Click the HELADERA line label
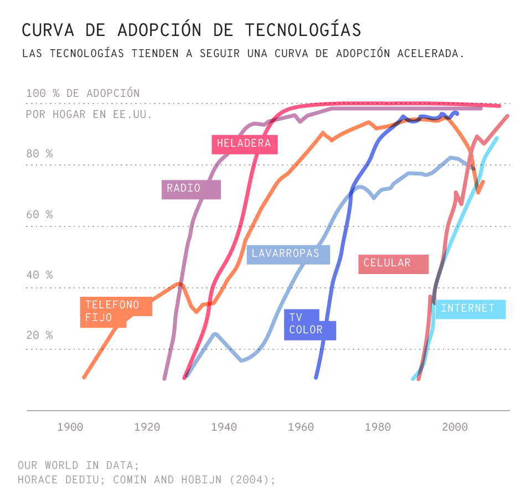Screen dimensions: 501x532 (244, 144)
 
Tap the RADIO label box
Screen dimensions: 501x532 (191, 189)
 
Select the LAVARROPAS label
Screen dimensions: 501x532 (288, 254)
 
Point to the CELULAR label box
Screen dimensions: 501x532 (393, 264)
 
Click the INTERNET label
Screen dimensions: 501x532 (470, 309)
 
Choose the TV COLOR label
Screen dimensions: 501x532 (309, 324)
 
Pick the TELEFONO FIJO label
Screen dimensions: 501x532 (113, 312)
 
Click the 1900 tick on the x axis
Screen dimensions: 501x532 (70, 427)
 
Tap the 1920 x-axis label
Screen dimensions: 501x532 (147, 427)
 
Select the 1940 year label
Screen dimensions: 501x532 (224, 427)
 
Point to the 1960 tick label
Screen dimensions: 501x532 (301, 427)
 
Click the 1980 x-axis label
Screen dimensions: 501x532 (378, 427)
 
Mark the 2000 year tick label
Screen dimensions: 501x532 (455, 427)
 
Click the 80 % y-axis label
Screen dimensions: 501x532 (39, 153)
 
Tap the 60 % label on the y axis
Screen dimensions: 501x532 (39, 214)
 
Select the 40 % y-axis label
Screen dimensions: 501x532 (39, 275)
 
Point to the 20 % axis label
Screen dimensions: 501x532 (39, 335)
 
